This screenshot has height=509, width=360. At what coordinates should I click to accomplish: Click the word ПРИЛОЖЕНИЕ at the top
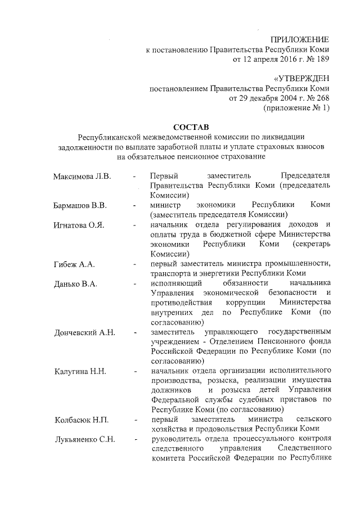tap(300, 40)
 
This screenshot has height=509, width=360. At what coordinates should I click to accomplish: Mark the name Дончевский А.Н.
tap(85, 332)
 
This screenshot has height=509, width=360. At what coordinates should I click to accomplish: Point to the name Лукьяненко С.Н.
tap(85, 439)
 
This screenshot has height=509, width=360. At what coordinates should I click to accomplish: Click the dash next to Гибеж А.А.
tap(135, 264)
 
